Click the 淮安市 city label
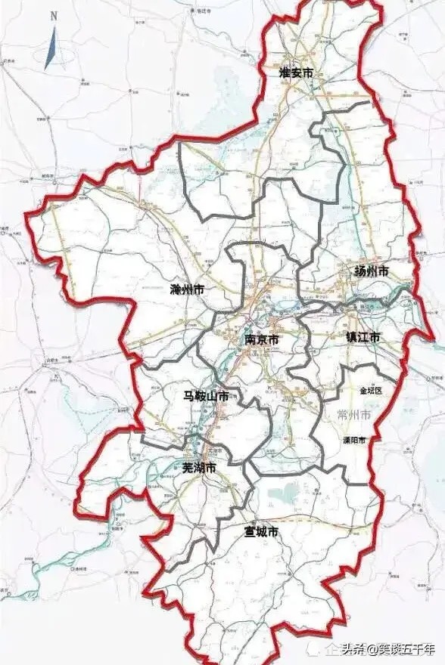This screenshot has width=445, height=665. [x=296, y=73]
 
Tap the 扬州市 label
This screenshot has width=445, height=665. [x=371, y=271]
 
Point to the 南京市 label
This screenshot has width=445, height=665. [x=262, y=340]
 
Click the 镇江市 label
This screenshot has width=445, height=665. [x=363, y=336]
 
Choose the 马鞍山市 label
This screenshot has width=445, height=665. [x=207, y=396]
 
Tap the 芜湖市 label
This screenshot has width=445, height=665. [x=199, y=469]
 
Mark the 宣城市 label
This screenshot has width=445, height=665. [x=261, y=533]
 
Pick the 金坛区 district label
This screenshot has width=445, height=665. [x=372, y=391]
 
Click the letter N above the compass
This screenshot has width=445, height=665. [x=53, y=15]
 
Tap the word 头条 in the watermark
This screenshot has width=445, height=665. [x=353, y=648]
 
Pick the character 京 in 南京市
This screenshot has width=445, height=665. [x=262, y=340]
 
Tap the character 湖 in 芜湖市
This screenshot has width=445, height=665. [x=199, y=469]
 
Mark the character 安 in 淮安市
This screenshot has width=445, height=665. [x=296, y=73]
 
